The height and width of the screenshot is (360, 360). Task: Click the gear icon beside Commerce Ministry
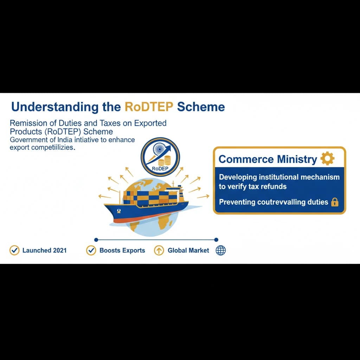[x=327, y=159]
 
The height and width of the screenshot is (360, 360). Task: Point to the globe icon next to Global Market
[x=220, y=250]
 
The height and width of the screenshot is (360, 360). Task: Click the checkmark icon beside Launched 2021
[x=14, y=250]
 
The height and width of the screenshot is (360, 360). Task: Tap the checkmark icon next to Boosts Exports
[x=91, y=250]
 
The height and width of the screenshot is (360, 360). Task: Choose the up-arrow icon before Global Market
[x=159, y=250]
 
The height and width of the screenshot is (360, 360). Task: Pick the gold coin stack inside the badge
[x=164, y=161]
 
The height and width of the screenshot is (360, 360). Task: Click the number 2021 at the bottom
[x=59, y=250]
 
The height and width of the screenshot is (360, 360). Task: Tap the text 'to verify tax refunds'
[x=253, y=186]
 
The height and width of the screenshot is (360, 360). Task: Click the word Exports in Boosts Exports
[x=134, y=250]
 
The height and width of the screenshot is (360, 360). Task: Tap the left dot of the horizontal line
[x=96, y=240]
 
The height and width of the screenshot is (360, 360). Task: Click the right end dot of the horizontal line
[x=216, y=240]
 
